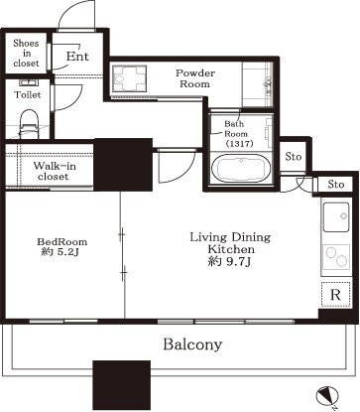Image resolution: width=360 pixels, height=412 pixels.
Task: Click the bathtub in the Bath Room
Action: (241, 169)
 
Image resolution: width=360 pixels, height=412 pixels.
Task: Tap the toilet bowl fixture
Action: (30, 124)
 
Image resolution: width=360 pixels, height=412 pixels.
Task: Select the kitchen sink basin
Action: (336, 217)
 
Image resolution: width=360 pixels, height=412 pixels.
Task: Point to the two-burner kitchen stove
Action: (336, 256)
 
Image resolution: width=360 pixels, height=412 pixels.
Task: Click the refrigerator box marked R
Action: (335, 294)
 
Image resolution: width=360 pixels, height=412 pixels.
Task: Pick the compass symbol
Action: (327, 396)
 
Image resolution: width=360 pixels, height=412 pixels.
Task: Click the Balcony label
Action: (192, 344)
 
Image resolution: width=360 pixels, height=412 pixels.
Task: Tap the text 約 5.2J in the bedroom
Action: (60, 252)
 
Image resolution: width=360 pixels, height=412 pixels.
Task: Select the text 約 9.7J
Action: (230, 261)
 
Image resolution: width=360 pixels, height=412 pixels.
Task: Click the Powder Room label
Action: (195, 78)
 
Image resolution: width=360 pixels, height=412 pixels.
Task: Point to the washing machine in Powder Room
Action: (129, 78)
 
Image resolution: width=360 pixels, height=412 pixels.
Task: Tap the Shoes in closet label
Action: (26, 53)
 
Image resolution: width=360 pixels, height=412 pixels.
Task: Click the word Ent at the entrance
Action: (77, 57)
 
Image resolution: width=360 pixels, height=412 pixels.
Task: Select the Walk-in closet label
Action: (55, 171)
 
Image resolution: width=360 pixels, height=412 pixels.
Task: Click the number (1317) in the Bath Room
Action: (239, 144)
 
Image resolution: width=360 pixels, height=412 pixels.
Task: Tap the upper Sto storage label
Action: (294, 156)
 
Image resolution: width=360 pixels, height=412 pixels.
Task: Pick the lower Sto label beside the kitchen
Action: (336, 185)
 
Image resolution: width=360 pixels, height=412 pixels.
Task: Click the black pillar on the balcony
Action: (121, 385)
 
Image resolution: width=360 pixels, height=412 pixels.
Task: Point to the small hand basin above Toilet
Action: (29, 82)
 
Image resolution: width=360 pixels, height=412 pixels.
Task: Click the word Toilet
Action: (28, 95)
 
